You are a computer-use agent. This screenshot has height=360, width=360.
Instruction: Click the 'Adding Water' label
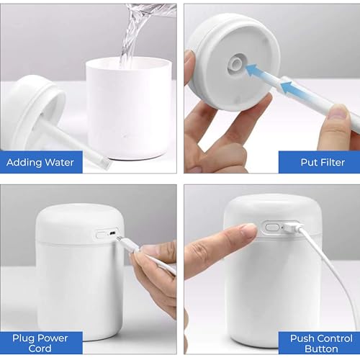pos(41,162)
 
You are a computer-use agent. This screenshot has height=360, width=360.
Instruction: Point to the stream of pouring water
pos(130,40)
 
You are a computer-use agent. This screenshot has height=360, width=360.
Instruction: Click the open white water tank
pos(129,108)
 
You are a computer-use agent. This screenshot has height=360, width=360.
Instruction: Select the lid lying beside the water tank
pos(32,108)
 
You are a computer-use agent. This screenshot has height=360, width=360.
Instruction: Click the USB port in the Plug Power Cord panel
pos(112,234)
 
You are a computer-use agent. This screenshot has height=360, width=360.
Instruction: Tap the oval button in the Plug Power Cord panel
pos(101,234)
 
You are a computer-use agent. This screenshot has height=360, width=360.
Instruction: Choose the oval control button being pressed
pos(271,227)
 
